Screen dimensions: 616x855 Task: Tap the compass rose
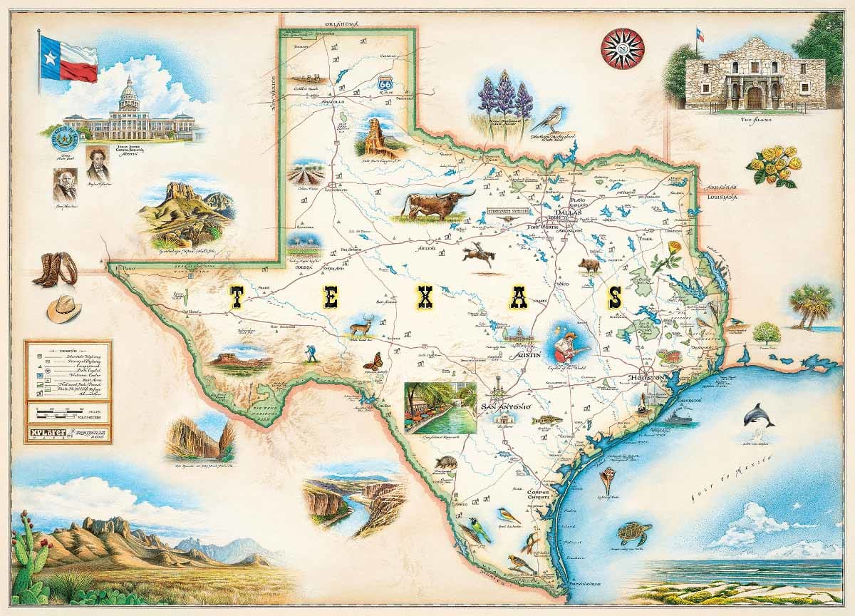point(622,48)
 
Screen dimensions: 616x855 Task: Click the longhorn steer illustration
point(435,205)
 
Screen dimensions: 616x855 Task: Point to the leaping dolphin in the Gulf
point(757,415)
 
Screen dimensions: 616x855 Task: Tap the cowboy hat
point(64,309)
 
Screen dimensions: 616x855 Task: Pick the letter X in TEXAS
point(425,297)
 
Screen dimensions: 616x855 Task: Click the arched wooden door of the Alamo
point(754,98)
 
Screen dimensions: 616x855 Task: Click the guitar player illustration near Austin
point(568,342)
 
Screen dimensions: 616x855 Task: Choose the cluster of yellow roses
point(774,165)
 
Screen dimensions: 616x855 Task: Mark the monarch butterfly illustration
point(372,361)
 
